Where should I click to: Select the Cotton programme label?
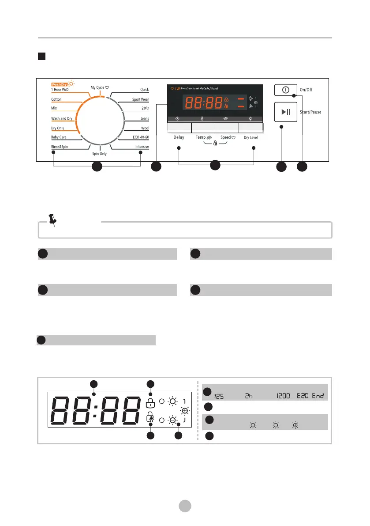pos(56,100)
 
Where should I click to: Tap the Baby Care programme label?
pos(59,137)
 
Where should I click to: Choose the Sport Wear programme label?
pos(140,100)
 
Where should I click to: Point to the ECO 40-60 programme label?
pos(141,137)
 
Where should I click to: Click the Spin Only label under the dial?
pos(99,154)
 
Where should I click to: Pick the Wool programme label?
pos(145,128)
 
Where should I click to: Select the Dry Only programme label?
pos(58,128)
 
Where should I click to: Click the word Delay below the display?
pos(179,137)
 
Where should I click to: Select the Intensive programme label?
pos(142,147)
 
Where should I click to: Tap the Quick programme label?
pos(144,90)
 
